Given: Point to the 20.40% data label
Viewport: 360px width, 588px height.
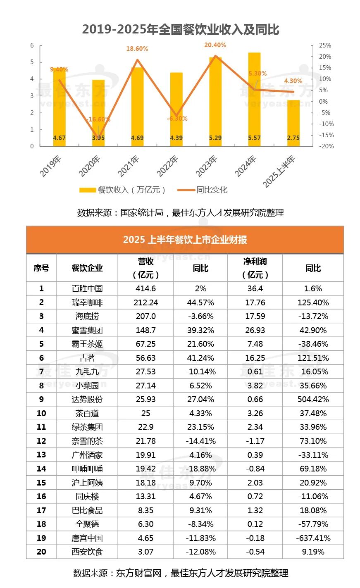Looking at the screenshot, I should tap(215, 45).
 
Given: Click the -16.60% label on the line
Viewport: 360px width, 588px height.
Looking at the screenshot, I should tap(98, 119).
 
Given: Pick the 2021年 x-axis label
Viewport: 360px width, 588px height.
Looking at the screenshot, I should tap(129, 165).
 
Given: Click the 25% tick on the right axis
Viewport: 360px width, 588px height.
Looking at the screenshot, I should tap(325, 45).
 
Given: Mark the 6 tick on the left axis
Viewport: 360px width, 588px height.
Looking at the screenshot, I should tap(32, 45).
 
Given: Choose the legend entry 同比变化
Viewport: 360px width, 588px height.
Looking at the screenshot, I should tap(203, 190).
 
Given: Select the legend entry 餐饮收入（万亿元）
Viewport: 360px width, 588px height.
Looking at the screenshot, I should tap(123, 190).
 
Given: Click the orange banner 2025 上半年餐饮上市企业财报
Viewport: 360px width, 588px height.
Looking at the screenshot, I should tap(185, 240).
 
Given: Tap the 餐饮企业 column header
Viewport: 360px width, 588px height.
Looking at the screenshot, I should tap(87, 268).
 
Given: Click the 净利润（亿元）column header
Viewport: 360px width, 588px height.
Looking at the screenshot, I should tap(255, 268).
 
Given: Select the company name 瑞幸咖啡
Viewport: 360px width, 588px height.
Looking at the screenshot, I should tap(87, 302).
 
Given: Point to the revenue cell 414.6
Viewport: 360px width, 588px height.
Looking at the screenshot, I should tap(145, 288).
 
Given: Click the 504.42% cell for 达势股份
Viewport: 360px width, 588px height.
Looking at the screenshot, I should tap(313, 400).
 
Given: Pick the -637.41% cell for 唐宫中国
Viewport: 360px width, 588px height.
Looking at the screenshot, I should tap(313, 538).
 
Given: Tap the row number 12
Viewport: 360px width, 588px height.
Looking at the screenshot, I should tap(41, 441).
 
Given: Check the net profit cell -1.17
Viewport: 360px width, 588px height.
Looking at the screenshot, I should tap(255, 441).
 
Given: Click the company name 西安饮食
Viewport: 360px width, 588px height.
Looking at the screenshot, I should tap(87, 552).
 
